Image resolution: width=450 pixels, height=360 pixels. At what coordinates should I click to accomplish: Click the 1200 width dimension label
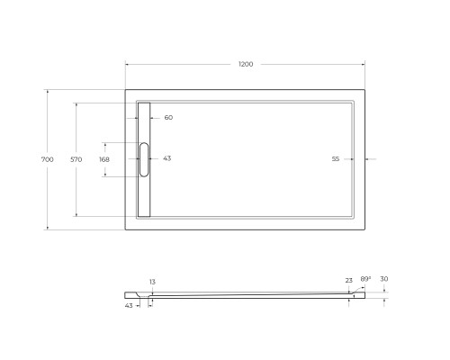245,65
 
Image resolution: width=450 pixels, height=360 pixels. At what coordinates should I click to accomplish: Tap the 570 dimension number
76,159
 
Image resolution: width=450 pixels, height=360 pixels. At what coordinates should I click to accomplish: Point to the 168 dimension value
103,159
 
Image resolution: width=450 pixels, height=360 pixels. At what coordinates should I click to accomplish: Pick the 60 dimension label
168,118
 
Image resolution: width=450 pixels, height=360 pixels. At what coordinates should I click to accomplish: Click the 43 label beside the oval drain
166,159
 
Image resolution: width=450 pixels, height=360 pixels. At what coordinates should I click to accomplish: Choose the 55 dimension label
335,159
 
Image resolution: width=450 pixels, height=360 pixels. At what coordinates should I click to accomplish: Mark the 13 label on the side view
153,283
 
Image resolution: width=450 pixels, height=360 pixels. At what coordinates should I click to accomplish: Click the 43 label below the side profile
130,305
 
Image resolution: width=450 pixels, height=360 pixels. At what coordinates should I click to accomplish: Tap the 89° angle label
365,278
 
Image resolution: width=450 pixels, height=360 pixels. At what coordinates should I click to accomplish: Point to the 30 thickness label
383,279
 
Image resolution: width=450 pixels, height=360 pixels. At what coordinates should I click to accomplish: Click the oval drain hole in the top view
144,159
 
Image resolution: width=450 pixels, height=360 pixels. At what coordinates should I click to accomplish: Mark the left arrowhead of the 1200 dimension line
127,65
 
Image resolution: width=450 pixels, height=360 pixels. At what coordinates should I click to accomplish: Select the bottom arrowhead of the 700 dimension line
47,228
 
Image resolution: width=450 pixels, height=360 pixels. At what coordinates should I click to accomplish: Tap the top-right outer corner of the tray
364,89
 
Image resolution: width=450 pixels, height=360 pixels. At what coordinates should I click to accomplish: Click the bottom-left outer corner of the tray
125,229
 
